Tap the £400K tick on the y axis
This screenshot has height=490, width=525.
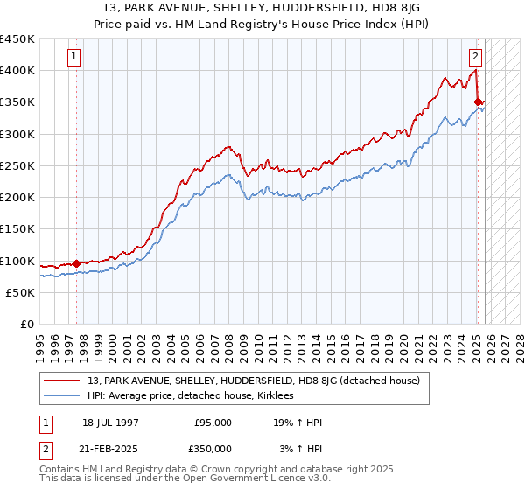pyautogui.click(x=17, y=71)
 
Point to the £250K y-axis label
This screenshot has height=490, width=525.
pyautogui.click(x=17, y=165)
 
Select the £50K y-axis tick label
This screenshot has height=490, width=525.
pyautogui.click(x=20, y=292)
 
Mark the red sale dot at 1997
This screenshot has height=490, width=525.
pyautogui.click(x=76, y=262)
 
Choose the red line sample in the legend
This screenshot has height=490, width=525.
pyautogui.click(x=64, y=381)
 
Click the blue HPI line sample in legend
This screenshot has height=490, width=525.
pyautogui.click(x=64, y=396)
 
